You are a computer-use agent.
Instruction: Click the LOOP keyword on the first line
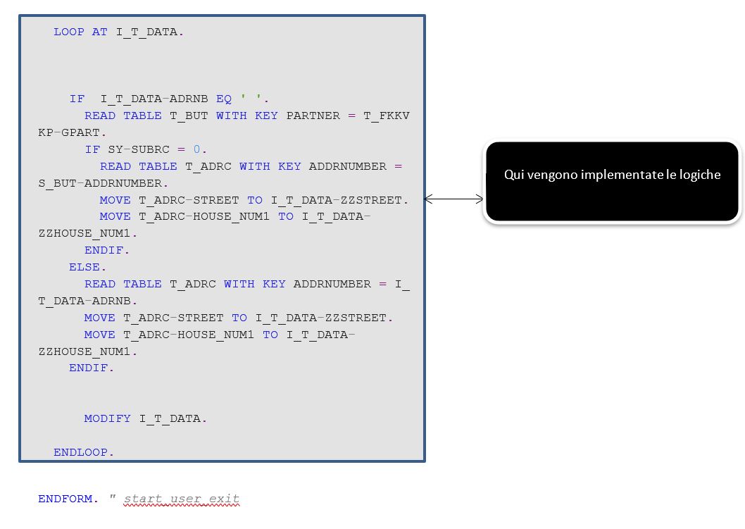point(69,32)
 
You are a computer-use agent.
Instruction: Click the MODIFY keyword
point(107,418)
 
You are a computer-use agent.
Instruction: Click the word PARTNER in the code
point(313,116)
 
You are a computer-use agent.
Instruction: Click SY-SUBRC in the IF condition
point(139,149)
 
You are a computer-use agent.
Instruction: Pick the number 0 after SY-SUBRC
point(196,149)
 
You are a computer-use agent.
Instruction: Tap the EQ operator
point(224,99)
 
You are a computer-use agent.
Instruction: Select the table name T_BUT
point(189,116)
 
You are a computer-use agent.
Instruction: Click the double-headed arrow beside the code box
point(453,199)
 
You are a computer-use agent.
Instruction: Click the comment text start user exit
point(182,499)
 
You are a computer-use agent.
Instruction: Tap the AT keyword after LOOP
point(100,32)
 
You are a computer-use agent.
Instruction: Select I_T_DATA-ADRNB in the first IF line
point(154,99)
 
